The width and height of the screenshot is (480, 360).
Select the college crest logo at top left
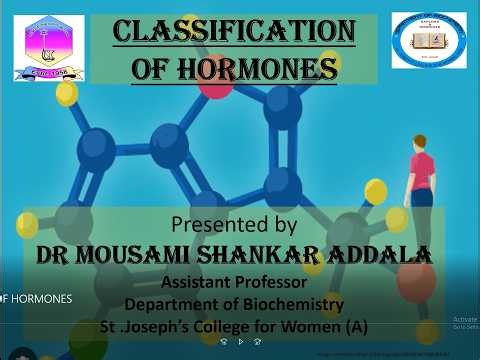click(49, 47)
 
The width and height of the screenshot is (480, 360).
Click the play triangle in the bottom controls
click(240, 341)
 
